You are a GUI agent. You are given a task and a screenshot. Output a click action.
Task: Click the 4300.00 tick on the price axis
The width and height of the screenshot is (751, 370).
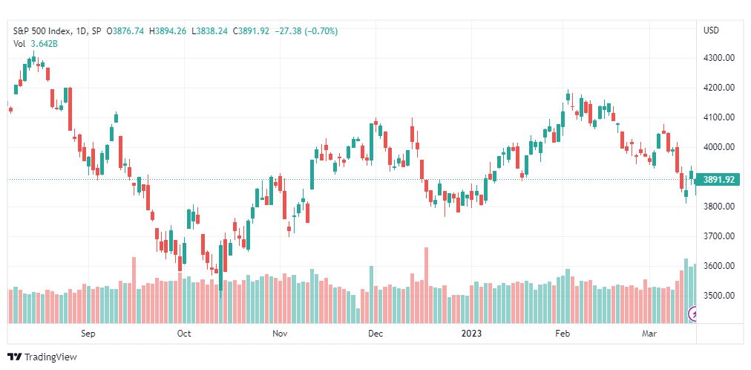[x=718, y=58]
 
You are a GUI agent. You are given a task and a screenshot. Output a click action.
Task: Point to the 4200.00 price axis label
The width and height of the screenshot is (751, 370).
[x=718, y=88]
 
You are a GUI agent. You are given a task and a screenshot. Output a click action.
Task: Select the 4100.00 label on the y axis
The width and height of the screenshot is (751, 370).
[x=718, y=117]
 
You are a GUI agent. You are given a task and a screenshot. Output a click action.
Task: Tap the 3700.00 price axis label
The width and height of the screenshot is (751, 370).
[x=718, y=236]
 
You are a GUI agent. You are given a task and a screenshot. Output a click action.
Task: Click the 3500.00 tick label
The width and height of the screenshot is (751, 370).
[x=718, y=295]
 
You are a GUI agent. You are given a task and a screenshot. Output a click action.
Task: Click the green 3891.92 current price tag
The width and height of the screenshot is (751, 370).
[x=718, y=180]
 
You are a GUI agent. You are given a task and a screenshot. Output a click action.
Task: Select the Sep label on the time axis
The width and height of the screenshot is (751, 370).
[x=88, y=334]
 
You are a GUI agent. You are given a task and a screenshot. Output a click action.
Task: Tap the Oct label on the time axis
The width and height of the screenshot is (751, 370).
[x=184, y=334]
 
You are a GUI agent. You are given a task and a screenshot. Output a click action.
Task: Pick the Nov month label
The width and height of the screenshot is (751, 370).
[x=280, y=334]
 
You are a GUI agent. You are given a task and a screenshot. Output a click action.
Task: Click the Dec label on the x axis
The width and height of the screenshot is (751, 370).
[x=375, y=334]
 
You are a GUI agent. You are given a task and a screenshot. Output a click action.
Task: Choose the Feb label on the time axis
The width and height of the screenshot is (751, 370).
[x=563, y=334]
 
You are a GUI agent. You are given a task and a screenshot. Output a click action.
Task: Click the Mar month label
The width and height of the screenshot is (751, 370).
[x=649, y=334]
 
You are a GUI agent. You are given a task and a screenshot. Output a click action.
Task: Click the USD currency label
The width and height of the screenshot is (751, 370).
[x=711, y=30]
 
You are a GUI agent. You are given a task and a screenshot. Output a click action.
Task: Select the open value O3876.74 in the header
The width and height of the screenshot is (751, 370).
[x=125, y=31]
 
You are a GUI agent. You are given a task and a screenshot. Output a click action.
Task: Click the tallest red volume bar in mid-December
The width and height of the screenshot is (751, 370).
[x=426, y=285]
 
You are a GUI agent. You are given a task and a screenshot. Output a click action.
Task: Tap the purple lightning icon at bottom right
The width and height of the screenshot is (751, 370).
[x=692, y=314]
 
